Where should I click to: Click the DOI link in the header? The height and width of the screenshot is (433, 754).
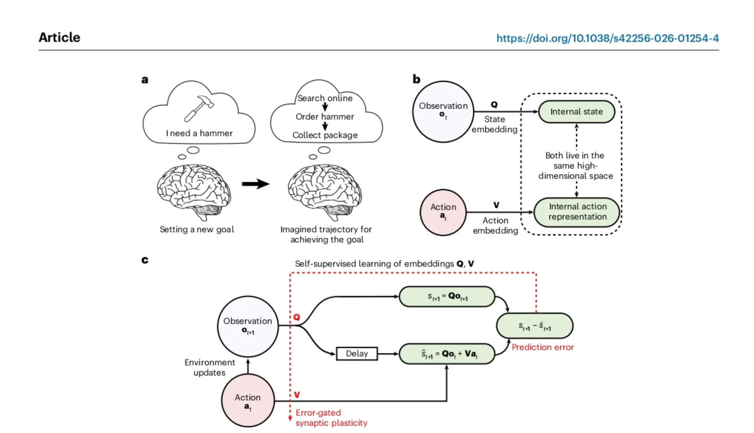pos(607,38)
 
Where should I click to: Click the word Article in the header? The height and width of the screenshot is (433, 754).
pos(59,37)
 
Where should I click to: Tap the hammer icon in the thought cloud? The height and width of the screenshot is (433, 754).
pos(199,108)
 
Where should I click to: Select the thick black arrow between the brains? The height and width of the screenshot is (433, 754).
pos(255,184)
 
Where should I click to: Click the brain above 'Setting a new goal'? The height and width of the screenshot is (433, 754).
pos(194,192)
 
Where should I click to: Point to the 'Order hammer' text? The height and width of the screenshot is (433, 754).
pos(325,117)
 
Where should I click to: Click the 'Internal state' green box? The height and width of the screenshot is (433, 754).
pos(577,111)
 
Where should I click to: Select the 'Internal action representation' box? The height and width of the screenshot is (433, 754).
pos(577,212)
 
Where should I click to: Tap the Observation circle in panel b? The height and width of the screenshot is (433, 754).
pos(443,111)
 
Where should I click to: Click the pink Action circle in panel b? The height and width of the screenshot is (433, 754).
pos(443,212)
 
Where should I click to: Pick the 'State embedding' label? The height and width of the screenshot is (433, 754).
pos(495,124)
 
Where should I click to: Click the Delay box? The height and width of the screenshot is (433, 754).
pos(357,354)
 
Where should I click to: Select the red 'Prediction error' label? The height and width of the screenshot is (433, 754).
pos(543,347)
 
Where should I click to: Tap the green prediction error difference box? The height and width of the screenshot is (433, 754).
pos(535,326)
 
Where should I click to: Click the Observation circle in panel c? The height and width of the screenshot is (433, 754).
pos(248,326)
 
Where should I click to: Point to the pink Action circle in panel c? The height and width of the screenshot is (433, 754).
pos(248,401)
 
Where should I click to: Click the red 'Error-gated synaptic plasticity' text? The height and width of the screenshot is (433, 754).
pos(331,418)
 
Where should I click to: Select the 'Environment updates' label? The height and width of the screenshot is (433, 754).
pos(209,367)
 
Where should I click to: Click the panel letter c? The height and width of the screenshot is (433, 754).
pos(145,260)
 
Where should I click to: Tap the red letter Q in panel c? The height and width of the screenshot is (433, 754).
pos(297,317)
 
